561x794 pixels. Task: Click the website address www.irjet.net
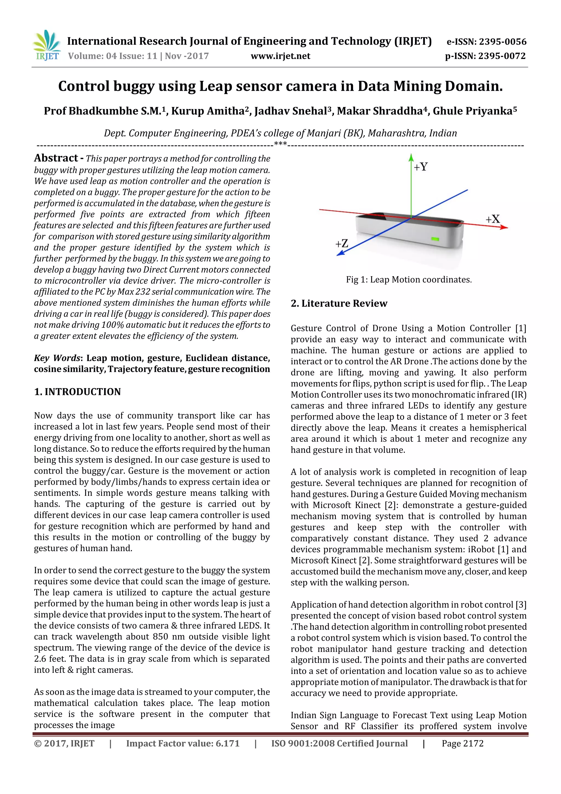[280, 56]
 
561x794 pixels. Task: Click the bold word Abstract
[56, 158]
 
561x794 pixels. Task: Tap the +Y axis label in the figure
[421, 167]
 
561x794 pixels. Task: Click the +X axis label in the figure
[493, 219]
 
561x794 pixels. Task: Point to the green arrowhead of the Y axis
[411, 158]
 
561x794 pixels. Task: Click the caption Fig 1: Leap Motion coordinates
[409, 280]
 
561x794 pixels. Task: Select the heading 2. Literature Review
[339, 303]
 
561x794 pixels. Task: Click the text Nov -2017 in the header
[187, 56]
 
